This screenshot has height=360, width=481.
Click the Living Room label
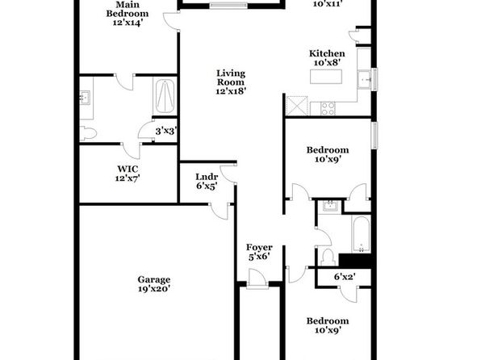point(231,82)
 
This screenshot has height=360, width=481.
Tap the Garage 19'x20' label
point(153,284)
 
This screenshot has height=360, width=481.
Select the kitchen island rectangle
point(326,77)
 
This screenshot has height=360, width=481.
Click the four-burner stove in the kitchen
point(328,108)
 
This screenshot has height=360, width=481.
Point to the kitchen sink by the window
point(365,80)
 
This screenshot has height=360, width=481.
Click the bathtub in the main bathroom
point(165,96)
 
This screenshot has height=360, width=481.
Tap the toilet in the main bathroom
point(88,133)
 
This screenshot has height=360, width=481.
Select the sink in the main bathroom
point(85,98)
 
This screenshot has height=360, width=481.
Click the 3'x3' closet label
point(166,132)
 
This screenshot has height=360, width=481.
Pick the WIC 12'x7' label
point(128,174)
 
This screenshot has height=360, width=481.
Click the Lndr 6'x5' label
point(207,181)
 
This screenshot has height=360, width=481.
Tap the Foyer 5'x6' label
point(259,252)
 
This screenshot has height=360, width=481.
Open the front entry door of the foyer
point(257,278)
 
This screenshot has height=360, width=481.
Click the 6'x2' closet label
point(345,277)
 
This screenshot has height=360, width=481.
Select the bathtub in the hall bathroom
point(361,234)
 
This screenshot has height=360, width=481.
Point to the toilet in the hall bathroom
point(328,257)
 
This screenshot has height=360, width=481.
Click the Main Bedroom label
point(128,14)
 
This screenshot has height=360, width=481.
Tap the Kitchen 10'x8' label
point(327,57)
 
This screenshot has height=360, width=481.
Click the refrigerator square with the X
point(297,106)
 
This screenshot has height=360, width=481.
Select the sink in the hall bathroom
point(330,206)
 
